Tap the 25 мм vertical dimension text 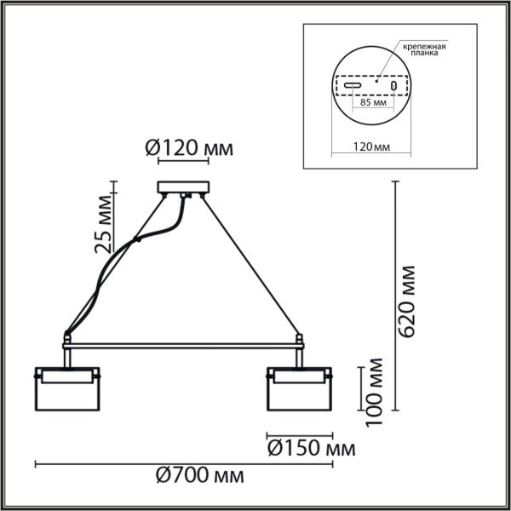coord(104,224)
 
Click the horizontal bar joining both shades coord(182,345)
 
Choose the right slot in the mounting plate coord(393,86)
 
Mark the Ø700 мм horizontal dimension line coord(183,464)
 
